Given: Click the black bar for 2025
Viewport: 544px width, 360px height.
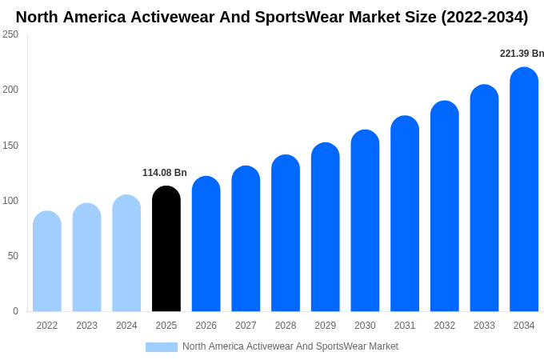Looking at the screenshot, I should pos(166,250).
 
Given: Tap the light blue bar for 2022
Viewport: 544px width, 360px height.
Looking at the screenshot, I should pos(47,262).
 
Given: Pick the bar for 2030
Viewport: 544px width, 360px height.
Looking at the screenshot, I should pos(365,222).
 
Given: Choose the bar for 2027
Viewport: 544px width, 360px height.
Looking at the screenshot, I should pos(246,239).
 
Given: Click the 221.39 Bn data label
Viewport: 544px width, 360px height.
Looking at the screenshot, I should pos(522,54).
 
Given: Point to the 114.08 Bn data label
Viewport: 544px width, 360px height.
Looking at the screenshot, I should pos(165,173).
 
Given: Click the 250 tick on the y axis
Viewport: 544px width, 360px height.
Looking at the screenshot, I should pos(10,34).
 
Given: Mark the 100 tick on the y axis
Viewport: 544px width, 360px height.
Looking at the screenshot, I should pos(10,201).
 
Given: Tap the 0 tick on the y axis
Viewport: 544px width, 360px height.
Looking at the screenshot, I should pos(15,311).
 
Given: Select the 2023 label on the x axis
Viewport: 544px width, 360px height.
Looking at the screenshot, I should pos(86,326).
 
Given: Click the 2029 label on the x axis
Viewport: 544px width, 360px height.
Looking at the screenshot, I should pos(325,326).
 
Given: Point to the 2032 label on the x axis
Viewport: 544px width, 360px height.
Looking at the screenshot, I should pos(445,326).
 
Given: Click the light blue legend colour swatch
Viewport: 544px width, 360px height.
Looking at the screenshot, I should pos(162,347).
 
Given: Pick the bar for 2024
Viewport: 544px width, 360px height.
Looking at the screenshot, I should pos(126,254).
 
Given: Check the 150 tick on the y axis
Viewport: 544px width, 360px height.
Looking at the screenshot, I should pos(10,146).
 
